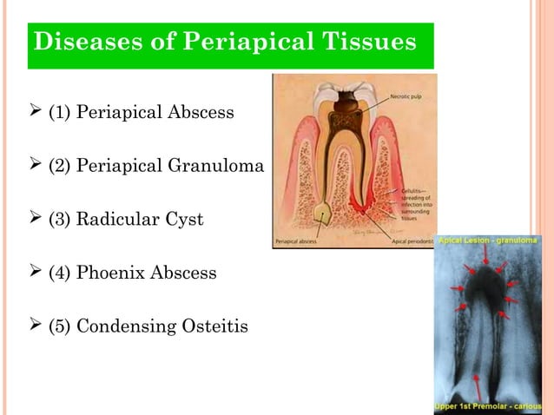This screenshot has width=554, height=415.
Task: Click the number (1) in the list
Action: click(60, 113)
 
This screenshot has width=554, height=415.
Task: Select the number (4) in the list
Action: click(60, 273)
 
